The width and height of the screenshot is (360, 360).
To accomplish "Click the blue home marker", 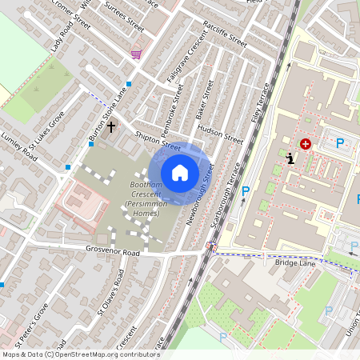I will (x=180, y=173).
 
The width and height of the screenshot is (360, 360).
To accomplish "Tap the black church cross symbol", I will (x=111, y=126).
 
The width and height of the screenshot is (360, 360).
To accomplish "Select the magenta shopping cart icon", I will (x=136, y=54).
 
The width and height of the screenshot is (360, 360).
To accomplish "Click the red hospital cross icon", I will (x=305, y=144).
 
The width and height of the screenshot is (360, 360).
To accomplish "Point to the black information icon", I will (x=290, y=158).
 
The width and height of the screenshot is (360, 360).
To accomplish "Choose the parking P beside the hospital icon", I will (x=340, y=143).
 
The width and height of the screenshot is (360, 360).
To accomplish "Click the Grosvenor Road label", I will (x=114, y=252).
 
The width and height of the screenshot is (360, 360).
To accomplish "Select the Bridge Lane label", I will (x=295, y=262).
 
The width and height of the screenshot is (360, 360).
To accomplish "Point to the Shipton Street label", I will (x=158, y=142).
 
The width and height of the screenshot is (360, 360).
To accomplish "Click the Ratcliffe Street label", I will (x=225, y=32).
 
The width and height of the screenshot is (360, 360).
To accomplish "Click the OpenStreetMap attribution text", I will (x=81, y=354).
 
